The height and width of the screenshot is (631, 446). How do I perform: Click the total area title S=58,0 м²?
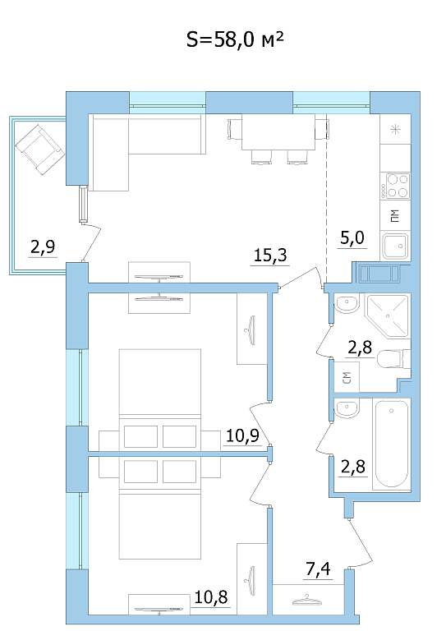pos(235,39)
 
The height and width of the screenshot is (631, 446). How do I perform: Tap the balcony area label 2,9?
pos(43,246)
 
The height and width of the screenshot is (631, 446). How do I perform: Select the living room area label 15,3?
pos(271,256)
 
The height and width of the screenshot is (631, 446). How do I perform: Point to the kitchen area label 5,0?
pos(352,237)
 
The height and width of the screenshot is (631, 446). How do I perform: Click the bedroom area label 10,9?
pos(242,435)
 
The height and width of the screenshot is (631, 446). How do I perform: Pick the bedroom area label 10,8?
pos(211,597)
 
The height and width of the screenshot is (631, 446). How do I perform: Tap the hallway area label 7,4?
pos(318,569)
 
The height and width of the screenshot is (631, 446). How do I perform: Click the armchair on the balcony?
pos(39,150)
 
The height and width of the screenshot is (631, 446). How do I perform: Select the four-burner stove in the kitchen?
pos(395,186)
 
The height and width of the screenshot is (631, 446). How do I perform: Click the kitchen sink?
pos(395,246)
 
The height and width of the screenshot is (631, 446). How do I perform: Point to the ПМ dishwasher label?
pos(395,216)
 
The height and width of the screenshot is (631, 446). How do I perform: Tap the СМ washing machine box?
pos(347,377)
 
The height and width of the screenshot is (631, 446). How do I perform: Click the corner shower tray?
pos(388,315)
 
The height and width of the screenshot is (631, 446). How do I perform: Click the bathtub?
pos(391,444)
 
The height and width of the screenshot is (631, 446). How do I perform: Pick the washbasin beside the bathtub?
pos(347,409)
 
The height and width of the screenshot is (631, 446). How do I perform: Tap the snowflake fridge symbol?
pos(395,129)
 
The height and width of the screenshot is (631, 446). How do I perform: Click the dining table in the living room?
pos(278,131)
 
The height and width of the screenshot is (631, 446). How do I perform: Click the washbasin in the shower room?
pos(347,305)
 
